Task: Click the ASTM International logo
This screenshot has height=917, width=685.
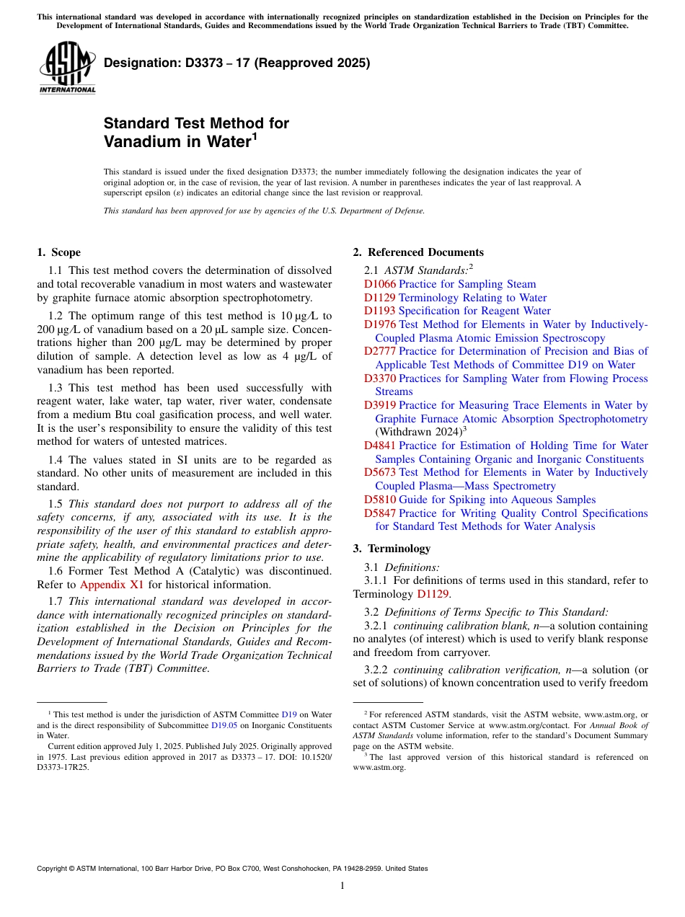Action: [x=67, y=67]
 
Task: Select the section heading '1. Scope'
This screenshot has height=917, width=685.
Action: [x=59, y=252]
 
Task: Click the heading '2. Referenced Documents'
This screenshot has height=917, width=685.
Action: [x=418, y=252]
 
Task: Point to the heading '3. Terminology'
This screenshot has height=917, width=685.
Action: [x=392, y=549]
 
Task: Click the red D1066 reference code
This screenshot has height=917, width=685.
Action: [x=379, y=284]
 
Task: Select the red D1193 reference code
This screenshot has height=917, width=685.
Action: [x=379, y=311]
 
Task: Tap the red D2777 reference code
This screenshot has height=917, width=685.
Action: [x=379, y=351]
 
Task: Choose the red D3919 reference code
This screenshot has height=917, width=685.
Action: [x=379, y=405]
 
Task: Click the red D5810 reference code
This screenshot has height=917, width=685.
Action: [x=379, y=500]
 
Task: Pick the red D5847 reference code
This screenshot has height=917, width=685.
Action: [x=379, y=513]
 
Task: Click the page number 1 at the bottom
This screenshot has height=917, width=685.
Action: [x=342, y=886]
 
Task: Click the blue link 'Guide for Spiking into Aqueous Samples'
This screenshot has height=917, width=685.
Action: [x=497, y=500]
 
